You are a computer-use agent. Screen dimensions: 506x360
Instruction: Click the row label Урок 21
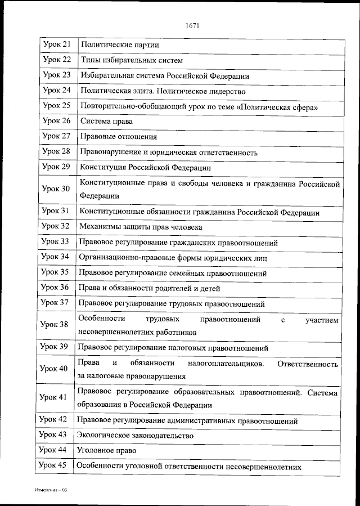pos(56,44)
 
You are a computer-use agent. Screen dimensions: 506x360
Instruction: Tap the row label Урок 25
pos(56,105)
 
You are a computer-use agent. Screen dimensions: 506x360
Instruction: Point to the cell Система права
pos(106,121)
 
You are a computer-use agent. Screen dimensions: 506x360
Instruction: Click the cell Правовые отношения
pos(118,136)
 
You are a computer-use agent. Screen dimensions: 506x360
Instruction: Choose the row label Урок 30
pos(56,189)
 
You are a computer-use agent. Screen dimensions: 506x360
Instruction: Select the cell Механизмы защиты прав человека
pos(141,227)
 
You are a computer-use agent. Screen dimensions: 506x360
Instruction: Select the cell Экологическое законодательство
pos(136,435)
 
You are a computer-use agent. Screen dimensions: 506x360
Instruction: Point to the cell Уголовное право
pos(107,450)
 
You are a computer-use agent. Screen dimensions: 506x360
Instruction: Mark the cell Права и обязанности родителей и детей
pos(149,288)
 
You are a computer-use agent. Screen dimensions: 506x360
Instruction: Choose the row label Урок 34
pos(56,257)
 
